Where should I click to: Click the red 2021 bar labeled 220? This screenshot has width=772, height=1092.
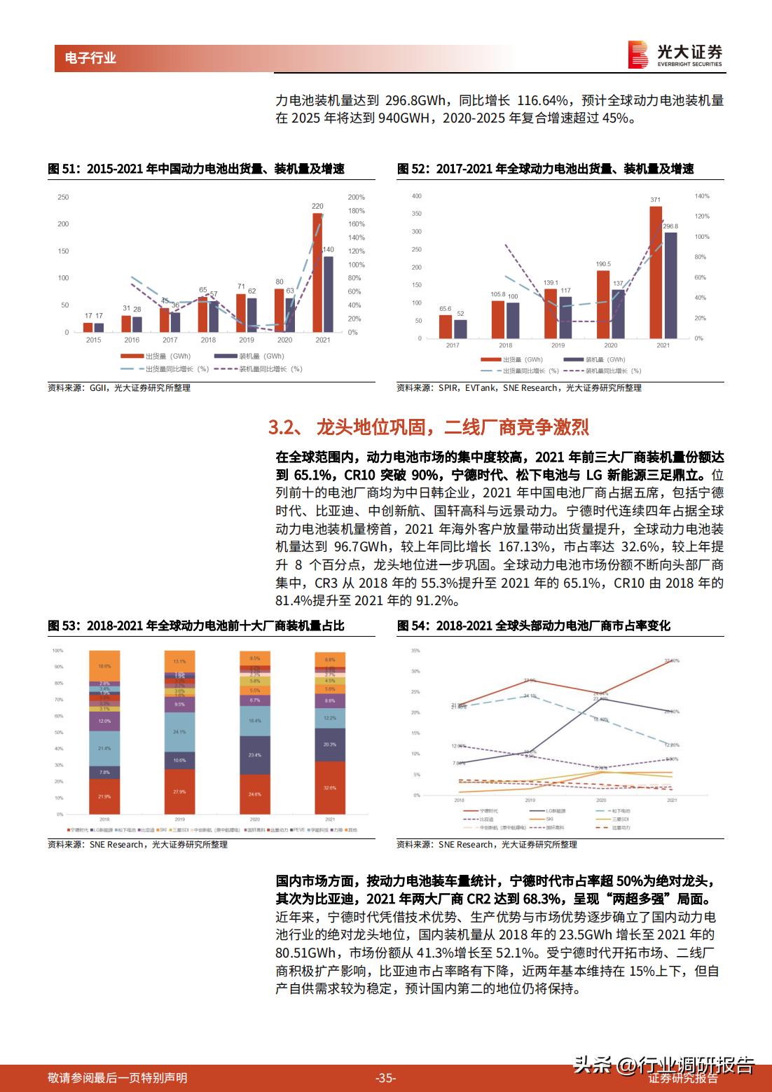(x=317, y=273)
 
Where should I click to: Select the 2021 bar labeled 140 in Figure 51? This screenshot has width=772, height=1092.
(x=328, y=294)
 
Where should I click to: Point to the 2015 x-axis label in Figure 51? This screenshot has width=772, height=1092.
(x=93, y=340)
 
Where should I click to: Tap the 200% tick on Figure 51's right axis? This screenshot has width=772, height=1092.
(x=356, y=197)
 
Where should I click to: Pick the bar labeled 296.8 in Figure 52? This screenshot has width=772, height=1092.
(x=670, y=285)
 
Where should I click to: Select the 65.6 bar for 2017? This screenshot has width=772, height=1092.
(x=446, y=326)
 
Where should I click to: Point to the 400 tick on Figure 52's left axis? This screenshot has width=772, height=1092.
(x=417, y=196)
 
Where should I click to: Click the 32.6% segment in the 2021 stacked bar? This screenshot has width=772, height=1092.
(x=331, y=787)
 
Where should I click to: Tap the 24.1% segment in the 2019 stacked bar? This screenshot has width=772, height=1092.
(x=179, y=731)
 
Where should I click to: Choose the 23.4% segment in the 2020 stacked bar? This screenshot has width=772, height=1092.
(x=255, y=755)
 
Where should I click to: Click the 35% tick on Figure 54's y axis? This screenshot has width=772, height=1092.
(x=415, y=651)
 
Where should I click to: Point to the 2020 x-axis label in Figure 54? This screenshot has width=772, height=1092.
(x=601, y=800)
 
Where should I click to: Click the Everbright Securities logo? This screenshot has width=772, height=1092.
(x=675, y=55)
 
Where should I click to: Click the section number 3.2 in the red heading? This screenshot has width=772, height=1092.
(x=284, y=427)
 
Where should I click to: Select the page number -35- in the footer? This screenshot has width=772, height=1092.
(x=386, y=1078)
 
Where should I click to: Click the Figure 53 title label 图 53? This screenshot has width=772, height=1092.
(x=62, y=626)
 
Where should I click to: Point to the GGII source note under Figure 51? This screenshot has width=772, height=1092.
(x=118, y=387)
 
